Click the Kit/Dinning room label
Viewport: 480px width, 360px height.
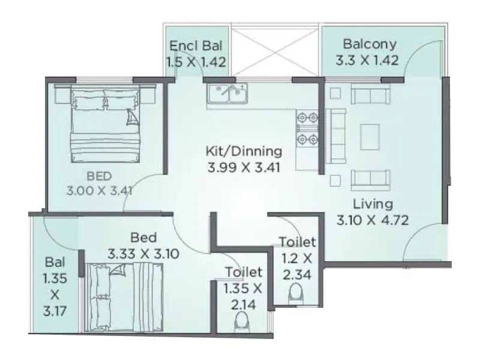[x=242, y=151]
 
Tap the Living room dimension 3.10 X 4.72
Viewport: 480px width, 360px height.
[x=372, y=220]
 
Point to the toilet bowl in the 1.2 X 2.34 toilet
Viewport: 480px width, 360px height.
[x=295, y=295]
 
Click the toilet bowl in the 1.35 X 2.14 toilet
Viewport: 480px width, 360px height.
[x=242, y=321]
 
